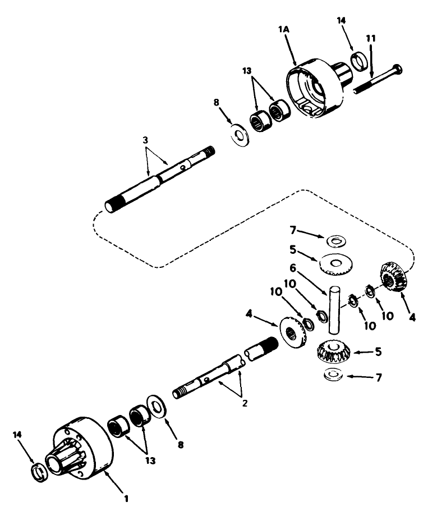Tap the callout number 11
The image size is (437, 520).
coord(371,39)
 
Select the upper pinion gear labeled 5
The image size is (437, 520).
coord(335,263)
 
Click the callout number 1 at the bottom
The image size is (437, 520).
coord(127,498)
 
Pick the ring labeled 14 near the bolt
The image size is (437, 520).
coord(360,60)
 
